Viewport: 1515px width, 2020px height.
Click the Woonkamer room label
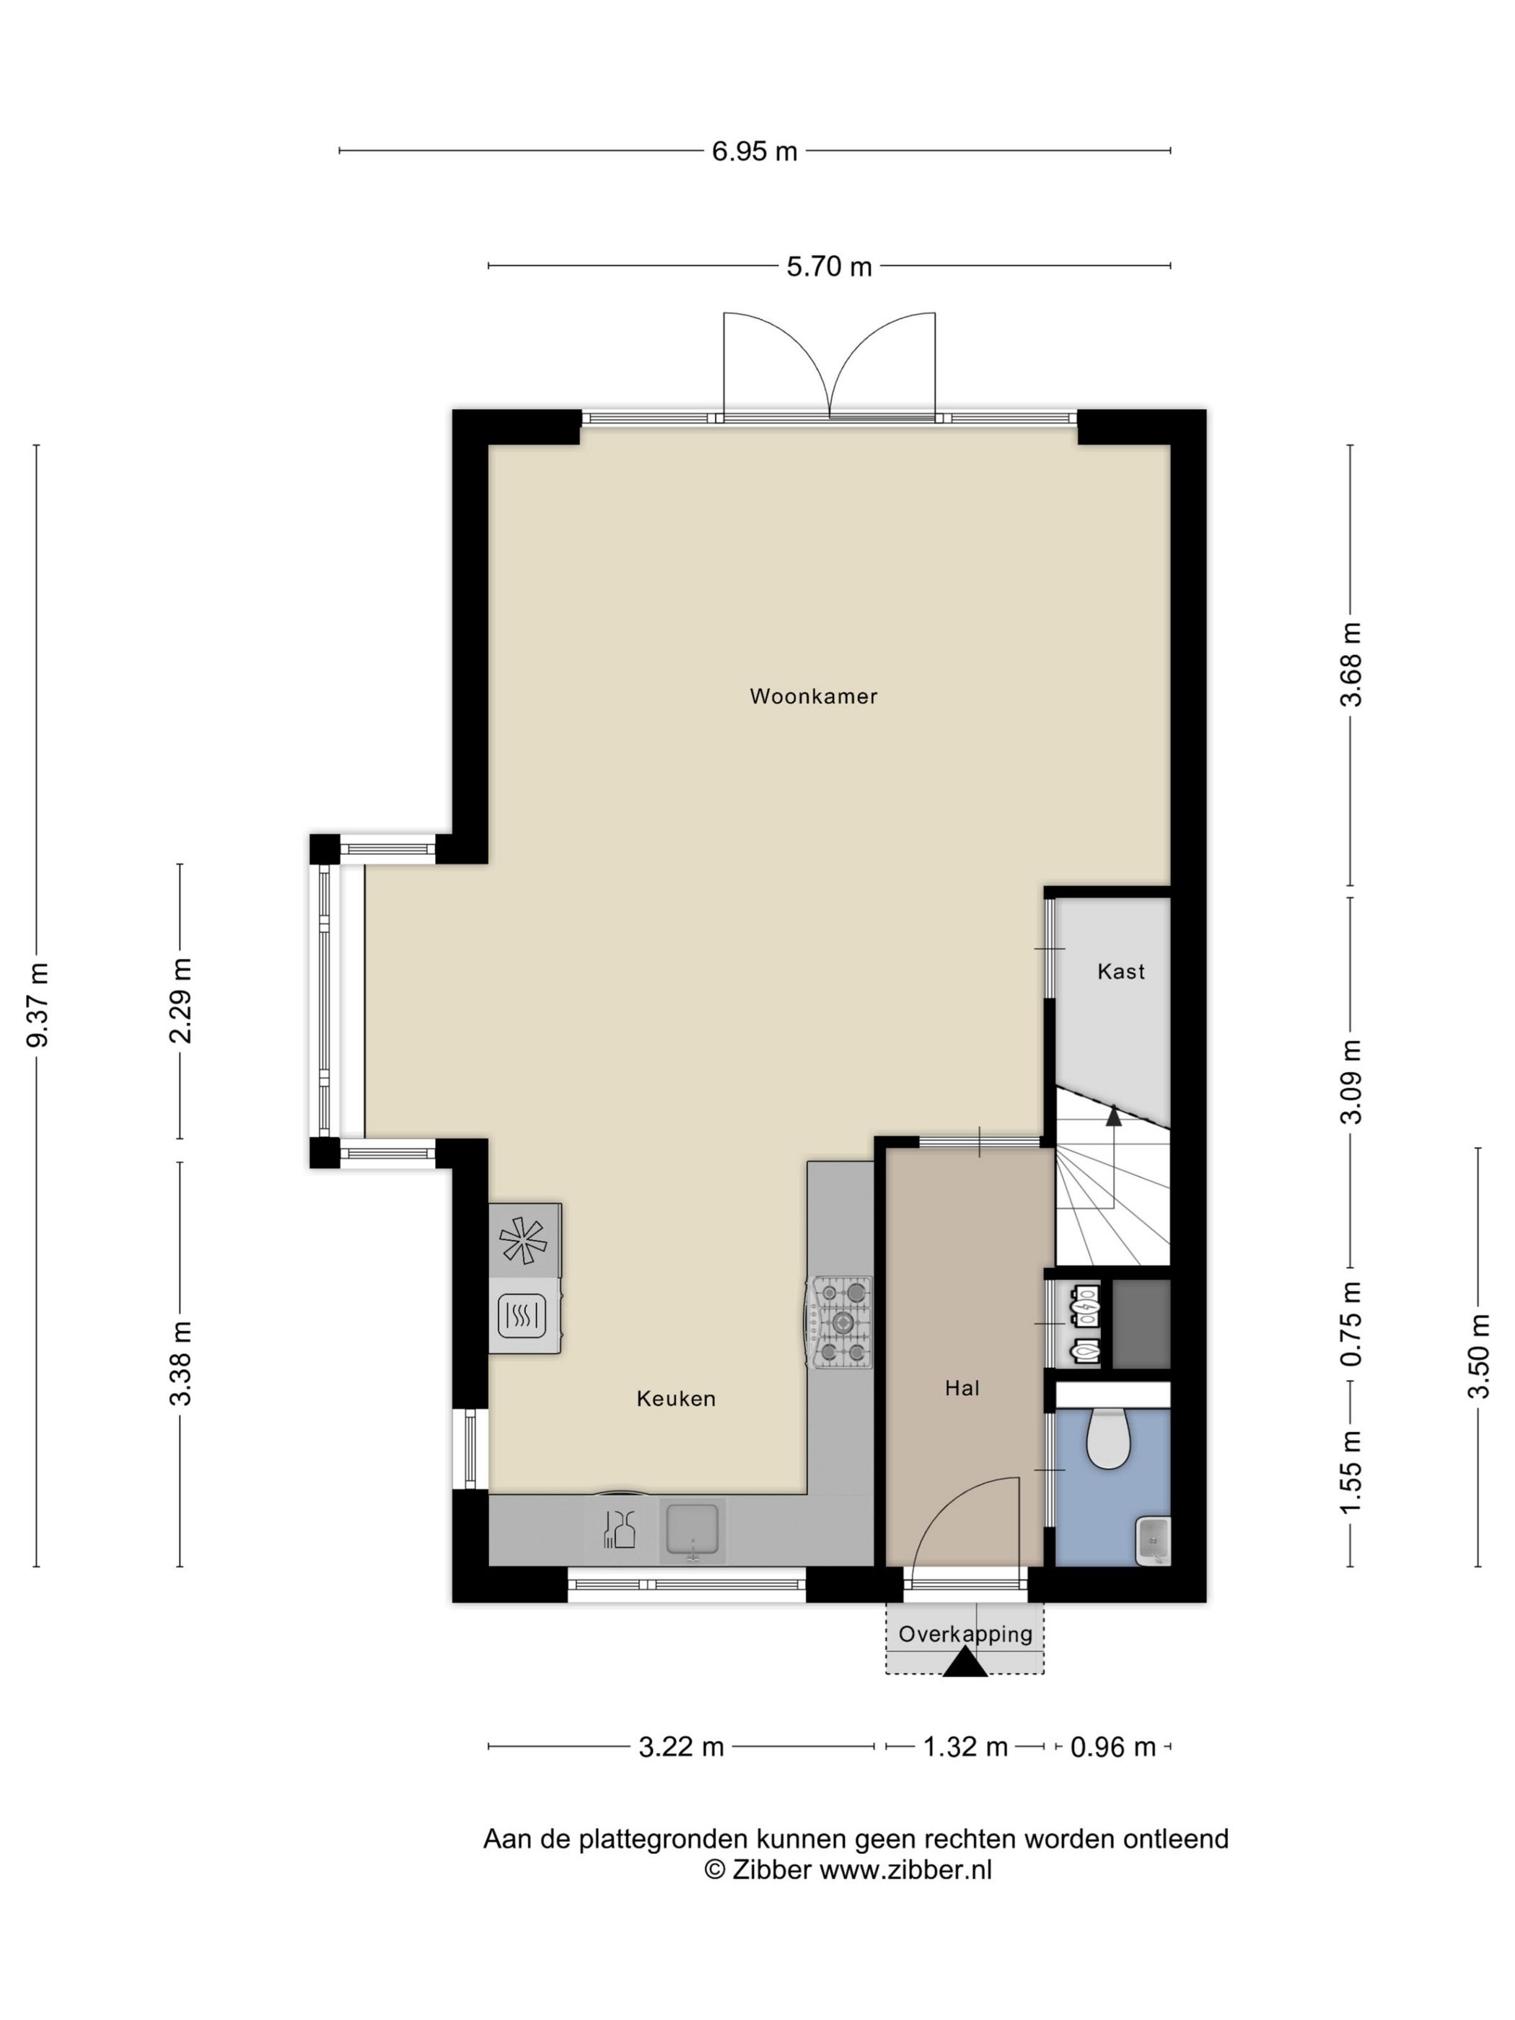813,696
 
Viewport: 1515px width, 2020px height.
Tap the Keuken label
676,1398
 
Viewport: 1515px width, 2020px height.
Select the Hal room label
962,1388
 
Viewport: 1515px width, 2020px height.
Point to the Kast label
1120,971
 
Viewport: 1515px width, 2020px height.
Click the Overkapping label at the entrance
965,1634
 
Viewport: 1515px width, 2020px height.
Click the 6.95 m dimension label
755,151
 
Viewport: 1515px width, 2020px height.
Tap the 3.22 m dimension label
681,1747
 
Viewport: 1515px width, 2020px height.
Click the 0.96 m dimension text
1113,1747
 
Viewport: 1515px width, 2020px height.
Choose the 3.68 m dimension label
1351,664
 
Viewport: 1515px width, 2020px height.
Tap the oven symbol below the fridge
522,1315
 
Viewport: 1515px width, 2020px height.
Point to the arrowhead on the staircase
1112,1112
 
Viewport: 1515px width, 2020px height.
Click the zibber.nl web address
905,1869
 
